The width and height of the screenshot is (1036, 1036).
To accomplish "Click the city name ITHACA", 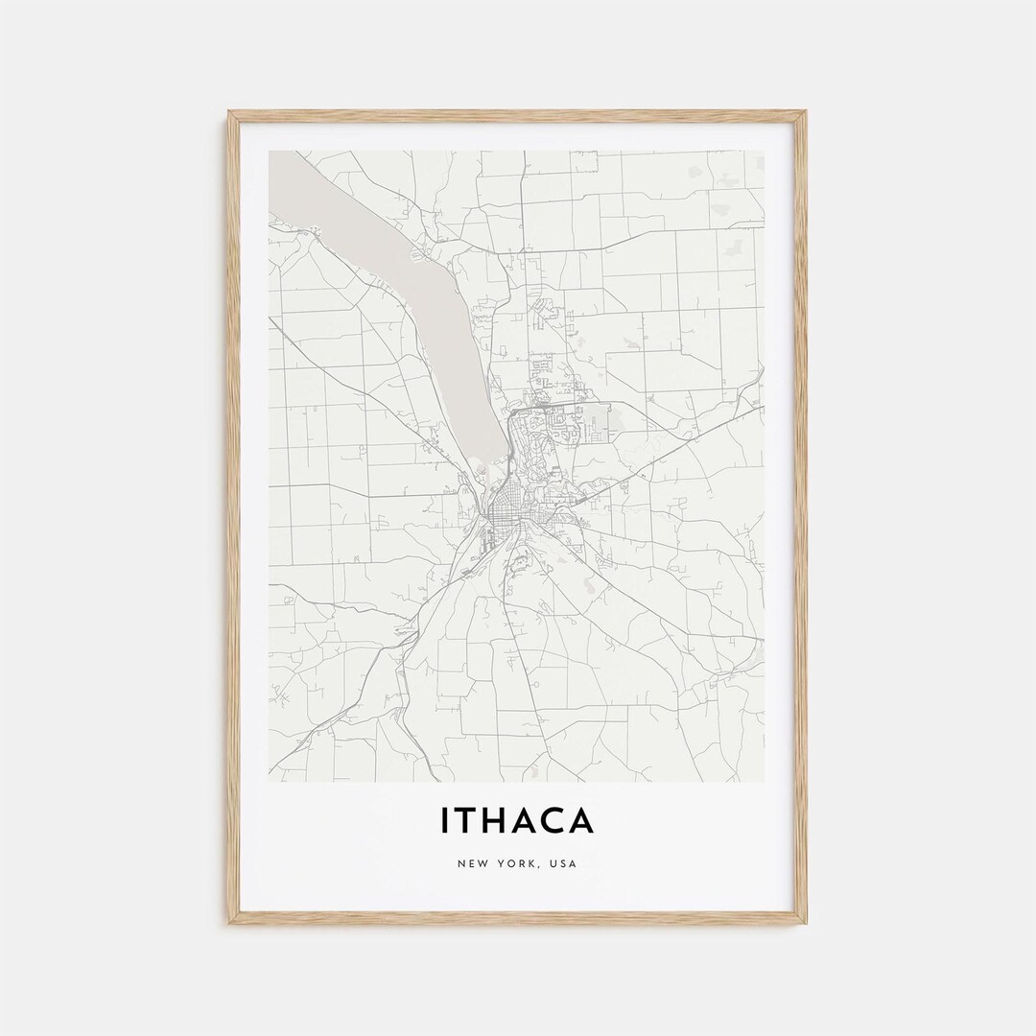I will [517, 821].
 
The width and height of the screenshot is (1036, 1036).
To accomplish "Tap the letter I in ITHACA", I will [445, 821].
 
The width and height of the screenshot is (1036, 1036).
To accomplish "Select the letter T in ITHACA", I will [465, 821].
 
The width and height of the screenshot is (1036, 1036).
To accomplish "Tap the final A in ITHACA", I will [581, 821].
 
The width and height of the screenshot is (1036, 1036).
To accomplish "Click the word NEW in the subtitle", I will [472, 863].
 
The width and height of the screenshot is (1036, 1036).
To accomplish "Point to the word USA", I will [563, 863].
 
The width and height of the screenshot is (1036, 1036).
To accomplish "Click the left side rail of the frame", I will [231, 518].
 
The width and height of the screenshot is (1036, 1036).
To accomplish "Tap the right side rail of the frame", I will [802, 518].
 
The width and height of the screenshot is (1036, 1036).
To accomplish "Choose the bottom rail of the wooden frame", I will [518, 919].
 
